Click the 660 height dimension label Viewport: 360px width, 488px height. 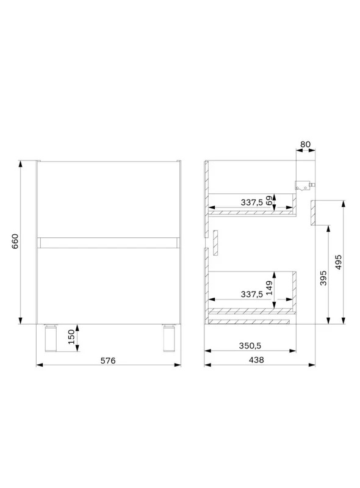coord(15,241)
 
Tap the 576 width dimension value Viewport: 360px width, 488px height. coord(108,361)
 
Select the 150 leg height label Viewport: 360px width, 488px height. coord(71,337)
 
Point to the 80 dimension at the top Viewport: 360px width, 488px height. coord(306,145)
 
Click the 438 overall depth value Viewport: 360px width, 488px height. coord(256,360)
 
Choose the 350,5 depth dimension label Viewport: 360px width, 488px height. coord(250,346)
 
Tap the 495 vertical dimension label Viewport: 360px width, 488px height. coord(339,262)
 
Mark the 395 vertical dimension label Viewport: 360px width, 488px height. coord(323,278)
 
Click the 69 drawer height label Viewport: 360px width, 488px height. coord(269,201)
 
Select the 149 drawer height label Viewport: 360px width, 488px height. coord(269,288)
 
